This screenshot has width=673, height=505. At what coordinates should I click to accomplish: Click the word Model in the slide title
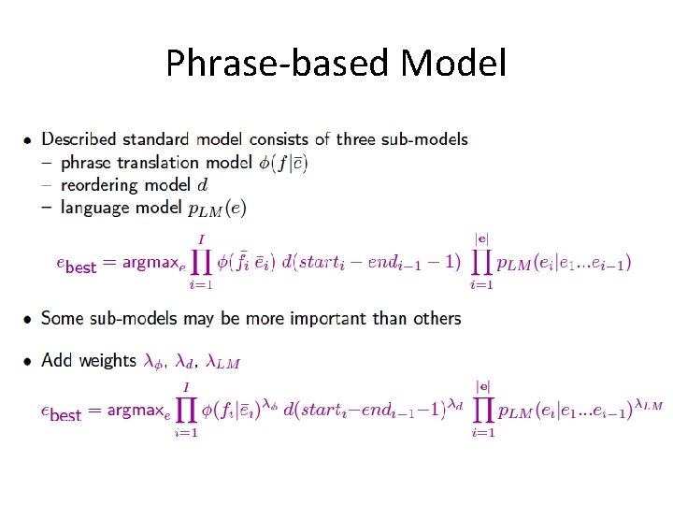(453, 64)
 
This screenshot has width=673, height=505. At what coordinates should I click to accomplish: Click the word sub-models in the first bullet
(426, 139)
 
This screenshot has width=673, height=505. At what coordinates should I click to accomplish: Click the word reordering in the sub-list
(98, 185)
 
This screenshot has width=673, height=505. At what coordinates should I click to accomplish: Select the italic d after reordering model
(203, 185)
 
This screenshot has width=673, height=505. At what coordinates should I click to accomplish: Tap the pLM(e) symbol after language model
(218, 209)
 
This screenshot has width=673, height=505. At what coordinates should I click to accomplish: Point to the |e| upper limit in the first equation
(482, 238)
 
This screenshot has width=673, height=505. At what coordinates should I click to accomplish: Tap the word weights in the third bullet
(107, 360)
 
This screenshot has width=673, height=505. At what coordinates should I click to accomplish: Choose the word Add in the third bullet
(57, 360)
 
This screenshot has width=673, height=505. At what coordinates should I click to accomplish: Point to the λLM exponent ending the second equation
(648, 404)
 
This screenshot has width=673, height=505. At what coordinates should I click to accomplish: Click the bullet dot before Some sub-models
(29, 320)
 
